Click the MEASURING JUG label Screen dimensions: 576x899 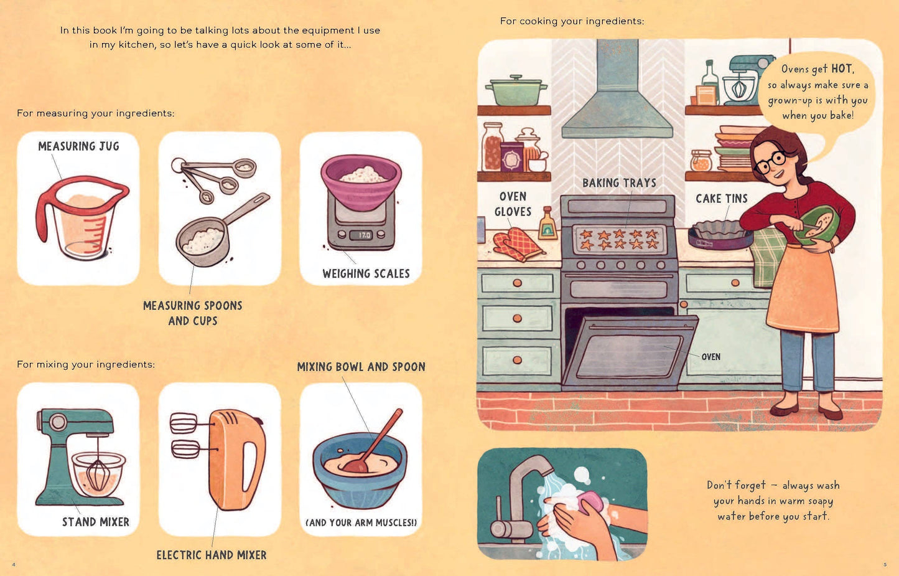pos(78,146)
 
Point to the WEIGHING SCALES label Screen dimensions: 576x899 pos(366,274)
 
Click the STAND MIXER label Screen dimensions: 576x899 pos(96,522)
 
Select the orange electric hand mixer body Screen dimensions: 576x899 pos(236,458)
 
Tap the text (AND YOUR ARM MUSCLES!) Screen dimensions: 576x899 pos(361,523)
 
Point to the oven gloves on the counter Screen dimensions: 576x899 pos(518,244)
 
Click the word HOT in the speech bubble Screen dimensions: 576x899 pos(842,68)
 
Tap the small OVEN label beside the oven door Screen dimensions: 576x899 pos(710,357)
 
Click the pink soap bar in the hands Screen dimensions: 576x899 pos(590,501)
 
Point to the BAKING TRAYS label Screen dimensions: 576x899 pos(619,183)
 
